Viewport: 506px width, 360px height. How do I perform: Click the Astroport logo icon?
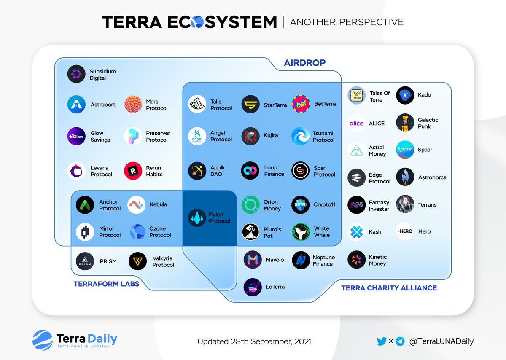[76, 105]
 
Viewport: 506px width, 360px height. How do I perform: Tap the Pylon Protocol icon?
[197, 218]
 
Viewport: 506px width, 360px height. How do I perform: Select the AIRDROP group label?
[304, 63]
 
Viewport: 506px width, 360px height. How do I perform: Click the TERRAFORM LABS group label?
[106, 284]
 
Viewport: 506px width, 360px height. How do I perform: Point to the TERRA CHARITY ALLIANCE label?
[389, 288]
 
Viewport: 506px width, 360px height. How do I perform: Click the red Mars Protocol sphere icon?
[133, 105]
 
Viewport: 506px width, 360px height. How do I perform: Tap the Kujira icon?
[250, 136]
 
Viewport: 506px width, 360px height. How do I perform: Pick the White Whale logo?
[301, 232]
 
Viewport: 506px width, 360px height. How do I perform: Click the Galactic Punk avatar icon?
[405, 123]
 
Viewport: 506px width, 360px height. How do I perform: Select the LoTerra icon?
[253, 287]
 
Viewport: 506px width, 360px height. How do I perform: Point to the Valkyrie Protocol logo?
[137, 261]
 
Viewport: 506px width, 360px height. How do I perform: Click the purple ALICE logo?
[356, 124]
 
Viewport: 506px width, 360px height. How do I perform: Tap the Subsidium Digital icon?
[76, 75]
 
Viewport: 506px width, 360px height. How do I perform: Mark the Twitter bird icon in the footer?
[382, 341]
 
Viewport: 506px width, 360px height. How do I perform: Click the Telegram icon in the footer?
[400, 341]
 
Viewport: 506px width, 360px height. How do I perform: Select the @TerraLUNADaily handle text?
[441, 341]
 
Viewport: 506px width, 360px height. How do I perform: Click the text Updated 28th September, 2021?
[254, 341]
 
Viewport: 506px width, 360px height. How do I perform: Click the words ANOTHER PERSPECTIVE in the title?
[347, 22]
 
